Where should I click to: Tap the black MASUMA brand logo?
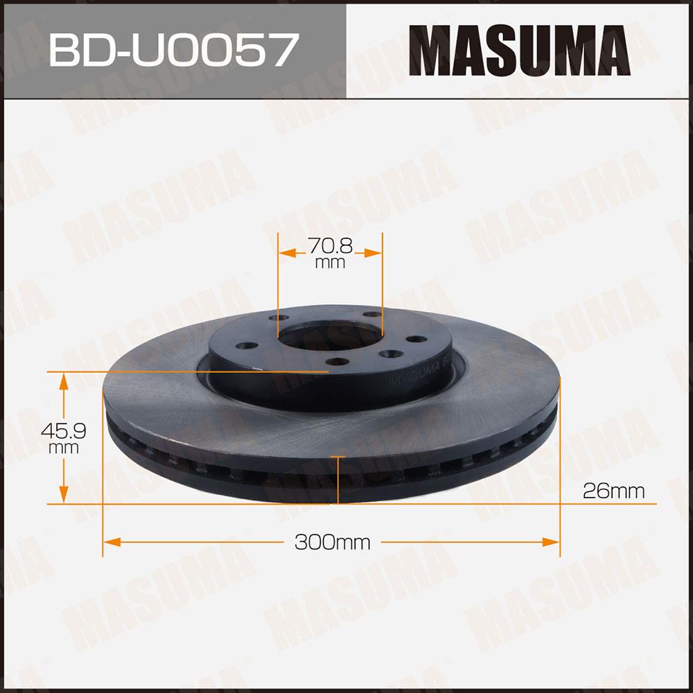[520, 51]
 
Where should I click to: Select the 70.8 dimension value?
[330, 246]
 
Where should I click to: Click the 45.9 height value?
[63, 430]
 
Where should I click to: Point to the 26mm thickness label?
[614, 491]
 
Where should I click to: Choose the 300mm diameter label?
[333, 542]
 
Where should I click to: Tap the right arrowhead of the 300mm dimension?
[551, 542]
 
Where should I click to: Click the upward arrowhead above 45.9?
[64, 381]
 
